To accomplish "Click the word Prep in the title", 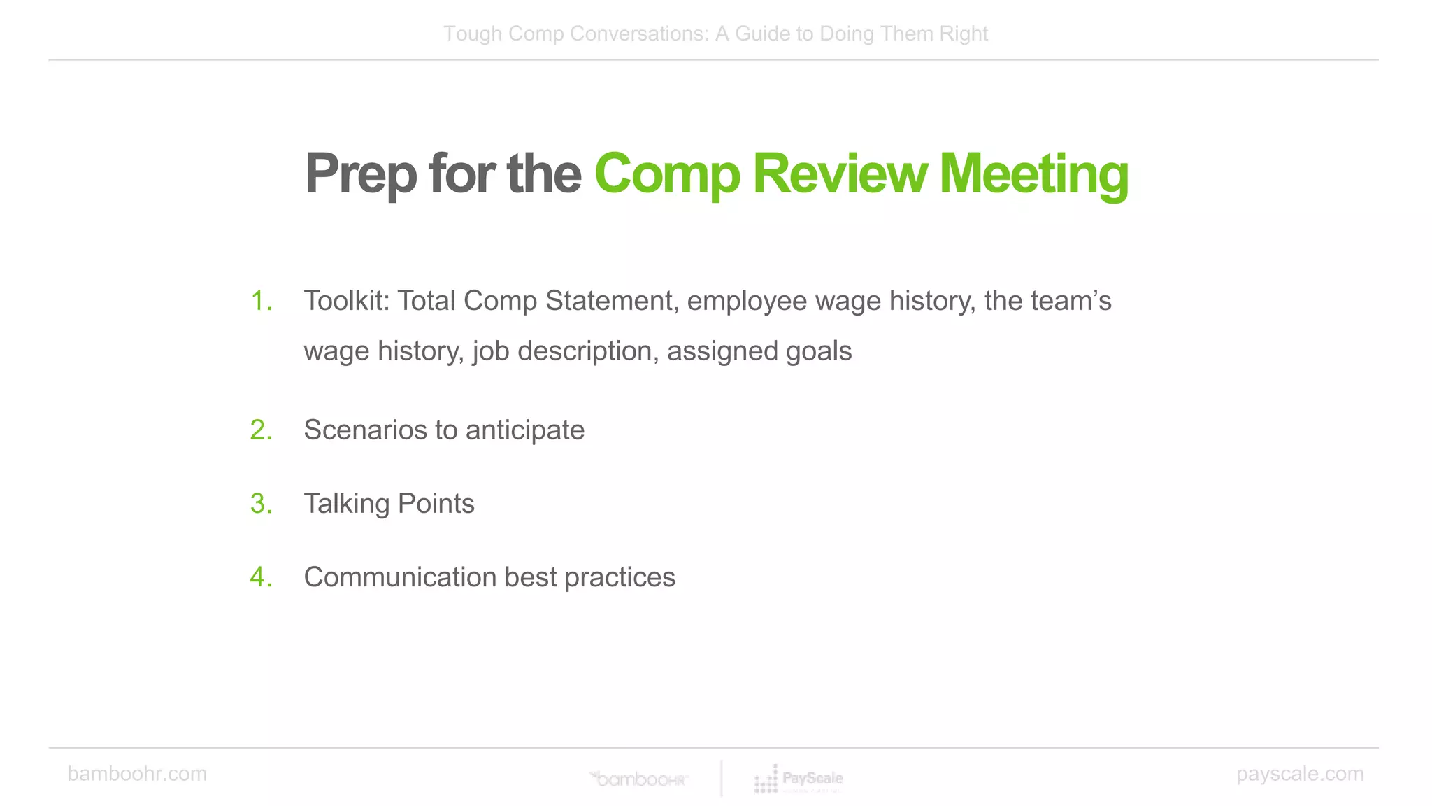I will click(x=361, y=175).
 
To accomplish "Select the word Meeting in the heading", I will click(x=1033, y=175).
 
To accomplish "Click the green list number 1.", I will click(x=261, y=301).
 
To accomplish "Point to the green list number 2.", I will click(x=261, y=430).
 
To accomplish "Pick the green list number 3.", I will click(x=261, y=504).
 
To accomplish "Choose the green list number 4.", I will click(x=261, y=577).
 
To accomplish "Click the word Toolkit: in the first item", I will click(x=346, y=301).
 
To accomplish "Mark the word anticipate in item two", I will click(x=525, y=430).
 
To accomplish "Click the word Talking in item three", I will click(x=346, y=504).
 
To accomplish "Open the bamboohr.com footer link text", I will click(x=137, y=774).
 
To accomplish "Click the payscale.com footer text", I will click(x=1300, y=774).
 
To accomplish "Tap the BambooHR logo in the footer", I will click(x=639, y=779).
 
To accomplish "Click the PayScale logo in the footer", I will click(x=799, y=779).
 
